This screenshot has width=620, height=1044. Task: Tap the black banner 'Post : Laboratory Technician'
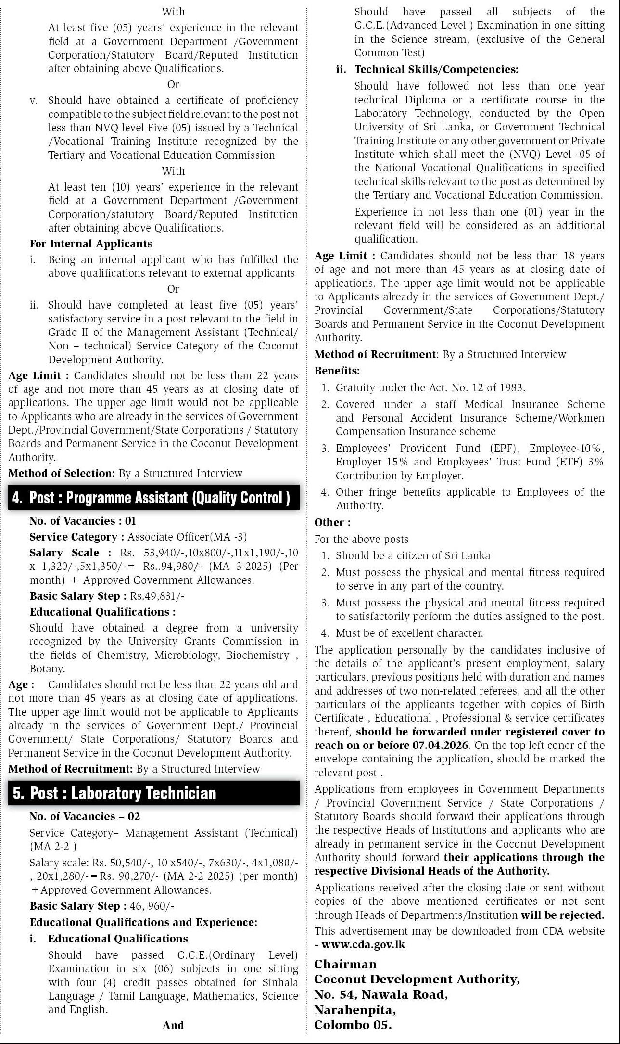tap(123, 793)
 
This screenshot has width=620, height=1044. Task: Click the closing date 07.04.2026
tap(440, 745)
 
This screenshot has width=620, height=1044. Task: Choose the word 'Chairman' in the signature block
tap(345, 964)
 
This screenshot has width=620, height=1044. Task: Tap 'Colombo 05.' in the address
tap(353, 1025)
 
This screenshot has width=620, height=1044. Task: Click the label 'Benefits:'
tap(337, 371)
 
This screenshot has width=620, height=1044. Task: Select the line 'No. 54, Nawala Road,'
tap(381, 994)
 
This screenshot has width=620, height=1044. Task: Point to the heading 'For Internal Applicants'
tap(91, 244)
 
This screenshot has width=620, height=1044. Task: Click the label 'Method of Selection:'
tap(62, 473)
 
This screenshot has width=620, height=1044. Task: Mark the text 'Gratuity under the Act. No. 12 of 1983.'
tap(430, 387)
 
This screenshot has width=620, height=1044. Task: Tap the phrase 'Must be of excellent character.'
tap(409, 633)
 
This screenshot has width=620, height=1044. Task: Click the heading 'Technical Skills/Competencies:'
tap(436, 69)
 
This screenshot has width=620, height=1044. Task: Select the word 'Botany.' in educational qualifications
tap(47, 669)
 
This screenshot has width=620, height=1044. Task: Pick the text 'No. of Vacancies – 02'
tap(85, 816)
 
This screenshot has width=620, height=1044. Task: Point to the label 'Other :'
tap(332, 522)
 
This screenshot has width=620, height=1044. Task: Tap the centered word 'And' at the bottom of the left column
tap(173, 1025)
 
